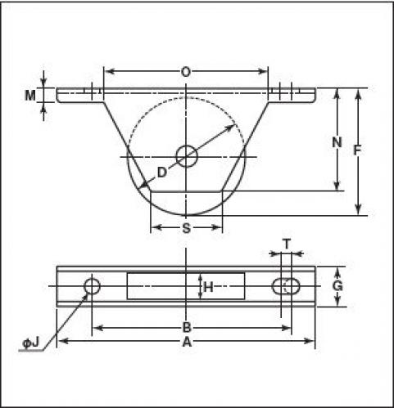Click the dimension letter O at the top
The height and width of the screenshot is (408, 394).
(x=186, y=72)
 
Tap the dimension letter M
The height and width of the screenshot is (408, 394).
(x=30, y=96)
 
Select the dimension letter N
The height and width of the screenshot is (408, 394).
(x=337, y=142)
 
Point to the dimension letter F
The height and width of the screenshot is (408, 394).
(x=357, y=150)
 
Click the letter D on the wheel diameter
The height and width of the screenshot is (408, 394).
(x=162, y=173)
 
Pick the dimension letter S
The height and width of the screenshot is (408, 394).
(x=186, y=228)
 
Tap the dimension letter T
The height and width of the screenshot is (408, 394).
(x=287, y=244)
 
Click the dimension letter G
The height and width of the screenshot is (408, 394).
(x=337, y=286)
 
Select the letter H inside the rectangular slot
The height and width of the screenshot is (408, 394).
(x=209, y=287)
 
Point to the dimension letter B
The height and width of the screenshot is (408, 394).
(x=187, y=328)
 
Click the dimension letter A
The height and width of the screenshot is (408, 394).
(x=187, y=342)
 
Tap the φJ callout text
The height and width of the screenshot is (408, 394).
(x=31, y=343)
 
